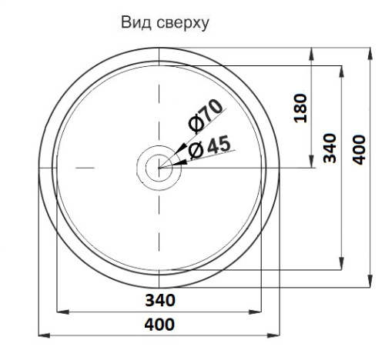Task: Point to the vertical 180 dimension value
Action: [x=302, y=109]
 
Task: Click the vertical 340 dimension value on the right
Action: [x=329, y=144]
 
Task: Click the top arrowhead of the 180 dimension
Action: [x=311, y=51]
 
